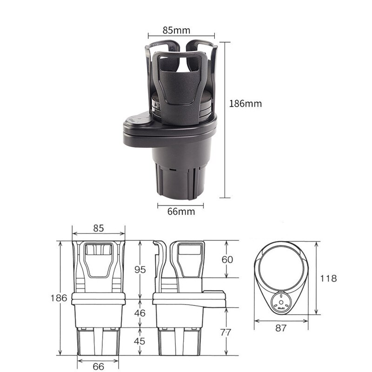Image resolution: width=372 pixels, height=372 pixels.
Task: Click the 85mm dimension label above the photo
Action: [176, 30]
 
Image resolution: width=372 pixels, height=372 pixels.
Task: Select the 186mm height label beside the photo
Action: [246, 103]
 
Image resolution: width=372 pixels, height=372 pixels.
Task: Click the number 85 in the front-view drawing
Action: [99, 228]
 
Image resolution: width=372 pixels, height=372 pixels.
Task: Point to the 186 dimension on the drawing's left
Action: [59, 298]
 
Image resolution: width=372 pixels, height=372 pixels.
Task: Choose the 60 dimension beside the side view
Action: [227, 259]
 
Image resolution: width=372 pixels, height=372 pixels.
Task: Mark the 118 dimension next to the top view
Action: [328, 279]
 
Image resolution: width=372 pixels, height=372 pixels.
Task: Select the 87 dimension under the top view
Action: [280, 328]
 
